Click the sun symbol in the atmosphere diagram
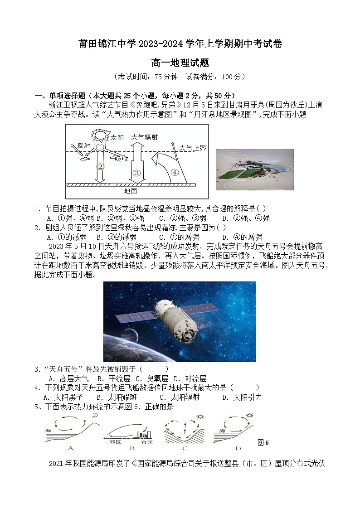[x=100, y=135]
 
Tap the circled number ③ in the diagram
[x=136, y=172]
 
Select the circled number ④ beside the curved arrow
[x=175, y=172]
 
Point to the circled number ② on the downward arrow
[x=101, y=166]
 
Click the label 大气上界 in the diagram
[x=193, y=148]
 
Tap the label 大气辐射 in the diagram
[x=145, y=136]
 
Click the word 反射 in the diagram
[x=84, y=145]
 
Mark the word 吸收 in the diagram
[x=121, y=158]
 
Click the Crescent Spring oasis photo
[x=254, y=170]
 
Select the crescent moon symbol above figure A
[x=95, y=415]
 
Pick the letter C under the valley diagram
[x=185, y=448]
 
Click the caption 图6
[x=263, y=442]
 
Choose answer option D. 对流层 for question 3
[x=190, y=378]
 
